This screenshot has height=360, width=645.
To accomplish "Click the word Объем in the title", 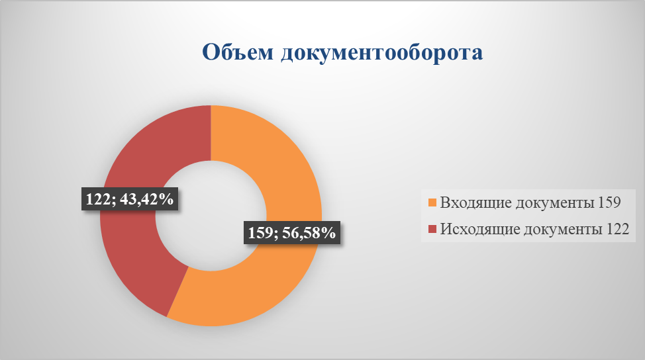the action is (x=238, y=52).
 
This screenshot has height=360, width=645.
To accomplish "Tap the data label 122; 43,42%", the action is (x=130, y=199).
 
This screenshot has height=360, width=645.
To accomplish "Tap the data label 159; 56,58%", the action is (x=292, y=232).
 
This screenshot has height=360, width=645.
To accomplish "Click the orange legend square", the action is (x=432, y=202).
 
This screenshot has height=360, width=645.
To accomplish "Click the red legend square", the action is (x=432, y=229).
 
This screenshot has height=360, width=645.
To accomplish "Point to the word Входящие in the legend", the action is (x=476, y=202).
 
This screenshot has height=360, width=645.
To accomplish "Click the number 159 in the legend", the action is (x=609, y=202).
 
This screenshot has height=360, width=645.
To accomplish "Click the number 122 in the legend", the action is (x=617, y=228).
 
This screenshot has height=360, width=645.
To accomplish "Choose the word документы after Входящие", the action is (x=555, y=203).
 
